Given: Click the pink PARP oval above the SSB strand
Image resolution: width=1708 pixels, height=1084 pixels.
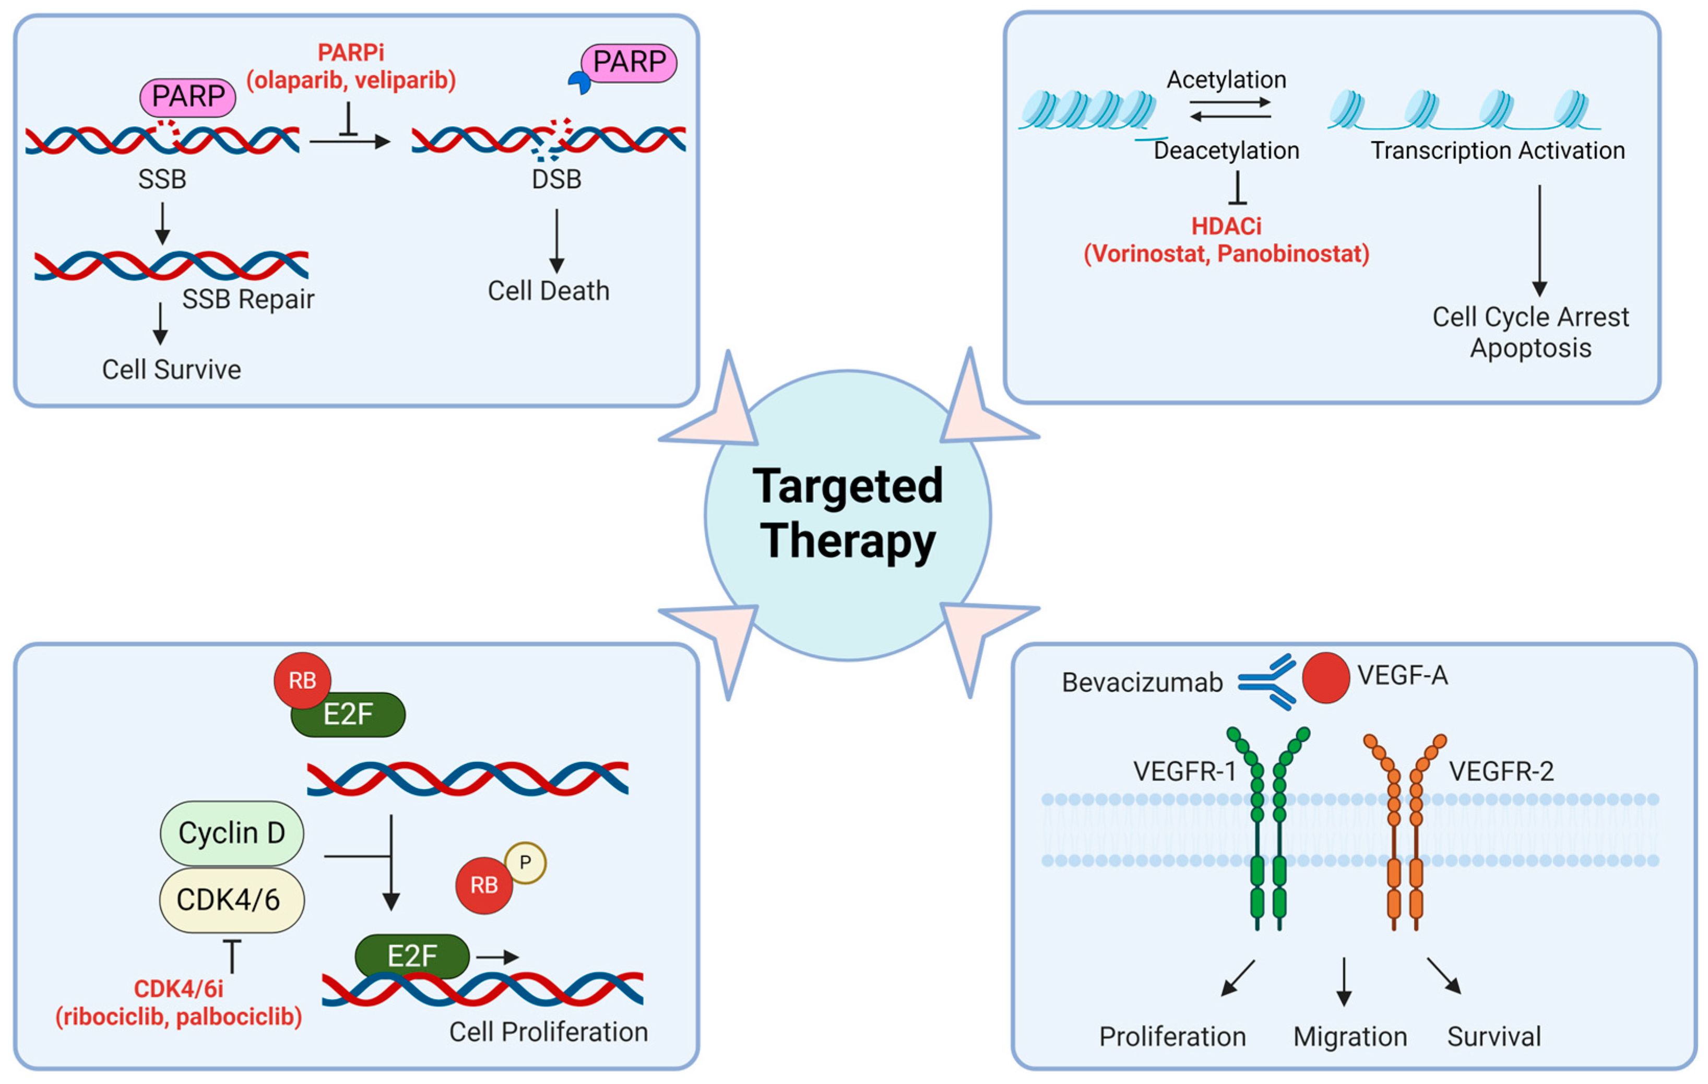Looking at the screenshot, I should (x=188, y=97).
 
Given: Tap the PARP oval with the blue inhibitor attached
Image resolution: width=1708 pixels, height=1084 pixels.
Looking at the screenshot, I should (x=628, y=63).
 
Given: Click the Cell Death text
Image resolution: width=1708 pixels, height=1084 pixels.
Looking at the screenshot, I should (x=548, y=291).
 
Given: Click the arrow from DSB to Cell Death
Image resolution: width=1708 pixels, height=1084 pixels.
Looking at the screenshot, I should (x=557, y=241).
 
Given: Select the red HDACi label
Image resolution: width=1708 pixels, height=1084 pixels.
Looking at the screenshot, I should (x=1226, y=240).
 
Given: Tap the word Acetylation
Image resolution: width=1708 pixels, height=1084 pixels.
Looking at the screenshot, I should (x=1226, y=79).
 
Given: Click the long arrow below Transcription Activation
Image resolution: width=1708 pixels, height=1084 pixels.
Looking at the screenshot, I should (x=1539, y=241).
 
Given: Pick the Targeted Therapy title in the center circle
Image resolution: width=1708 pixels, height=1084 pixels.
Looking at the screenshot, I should (x=848, y=514).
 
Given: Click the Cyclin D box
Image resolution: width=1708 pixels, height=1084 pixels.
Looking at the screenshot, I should (x=232, y=833).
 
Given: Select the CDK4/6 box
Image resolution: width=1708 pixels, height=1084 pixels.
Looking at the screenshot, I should (x=232, y=900).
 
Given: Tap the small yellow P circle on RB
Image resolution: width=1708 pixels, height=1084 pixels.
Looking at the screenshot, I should (x=525, y=863).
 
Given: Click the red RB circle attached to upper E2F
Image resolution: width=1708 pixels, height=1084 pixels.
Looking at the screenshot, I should (x=302, y=680).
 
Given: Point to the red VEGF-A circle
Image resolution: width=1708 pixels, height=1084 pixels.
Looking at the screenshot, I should (x=1326, y=678).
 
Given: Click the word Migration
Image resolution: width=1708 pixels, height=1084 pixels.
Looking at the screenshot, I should (x=1350, y=1036).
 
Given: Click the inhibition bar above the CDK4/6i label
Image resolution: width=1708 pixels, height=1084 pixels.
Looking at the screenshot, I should (x=232, y=956).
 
